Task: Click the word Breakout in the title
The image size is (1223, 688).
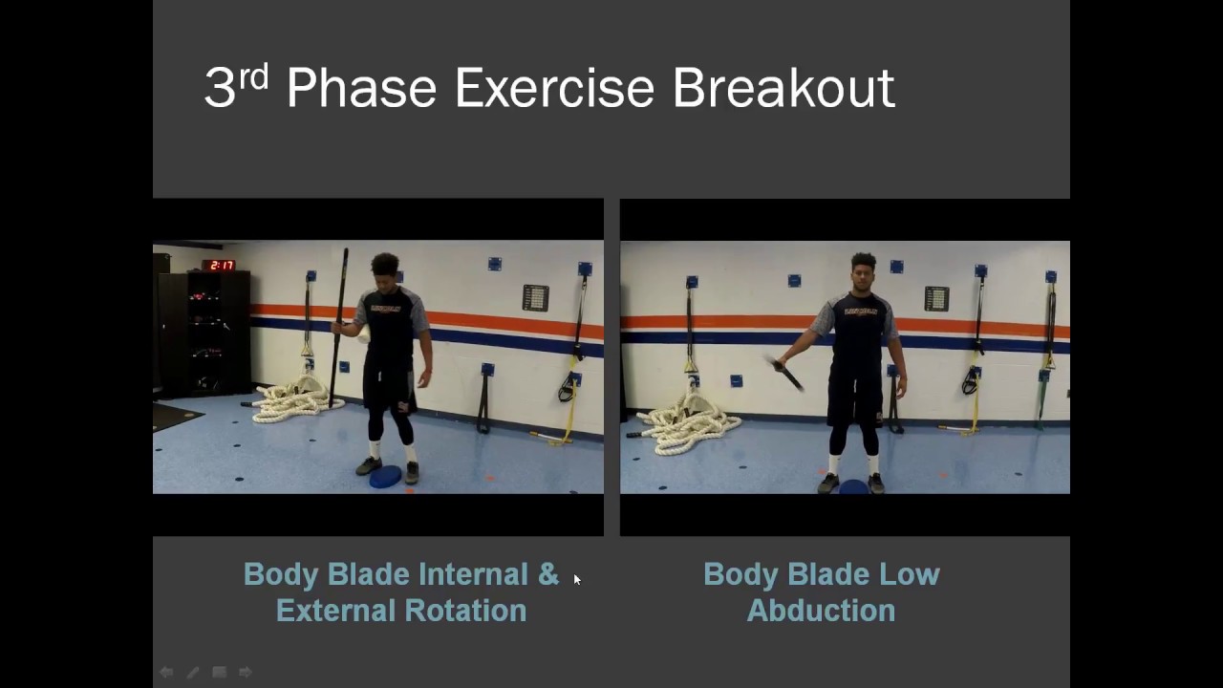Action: (x=783, y=88)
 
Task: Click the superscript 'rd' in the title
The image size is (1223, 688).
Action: (x=253, y=76)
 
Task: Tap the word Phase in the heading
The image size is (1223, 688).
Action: (x=360, y=88)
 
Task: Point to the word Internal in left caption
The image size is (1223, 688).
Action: (x=472, y=574)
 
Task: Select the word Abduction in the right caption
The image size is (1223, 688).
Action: (x=821, y=611)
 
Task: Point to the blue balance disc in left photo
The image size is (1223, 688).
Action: (x=385, y=477)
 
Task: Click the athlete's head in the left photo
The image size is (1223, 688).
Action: (x=385, y=268)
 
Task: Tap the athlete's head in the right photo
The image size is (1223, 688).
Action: (x=863, y=271)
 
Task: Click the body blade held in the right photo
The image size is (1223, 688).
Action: (x=787, y=373)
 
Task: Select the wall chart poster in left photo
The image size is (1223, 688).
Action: (x=535, y=298)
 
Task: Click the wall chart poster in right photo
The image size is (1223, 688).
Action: (x=936, y=298)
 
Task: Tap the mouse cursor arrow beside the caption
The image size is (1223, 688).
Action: (x=576, y=579)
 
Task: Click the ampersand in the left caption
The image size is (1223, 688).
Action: (x=547, y=574)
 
